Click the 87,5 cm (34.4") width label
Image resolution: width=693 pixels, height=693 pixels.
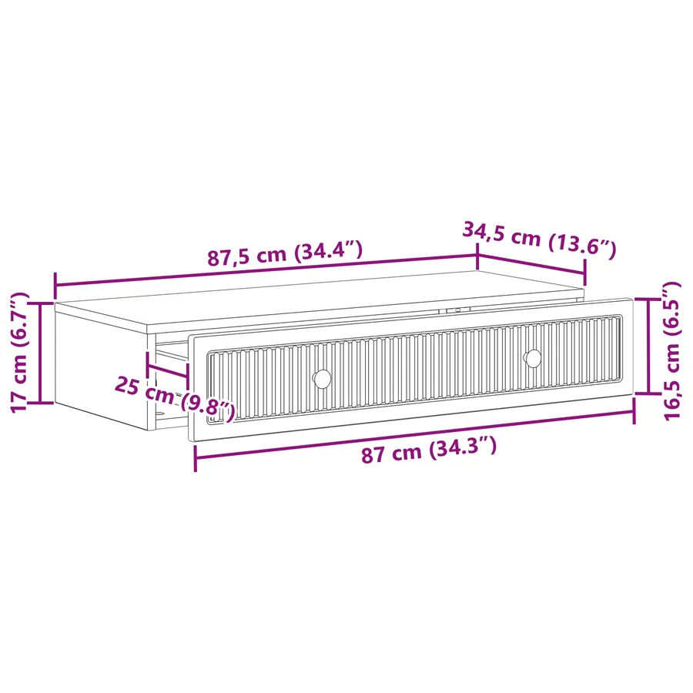(285, 253)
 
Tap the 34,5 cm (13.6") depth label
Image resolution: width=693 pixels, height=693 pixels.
(539, 239)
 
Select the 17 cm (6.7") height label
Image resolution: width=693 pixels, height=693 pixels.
(19, 352)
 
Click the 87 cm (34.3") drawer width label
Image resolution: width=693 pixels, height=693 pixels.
(429, 450)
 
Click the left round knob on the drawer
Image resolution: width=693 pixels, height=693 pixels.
(322, 379)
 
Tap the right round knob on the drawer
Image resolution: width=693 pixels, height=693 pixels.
(533, 358)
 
